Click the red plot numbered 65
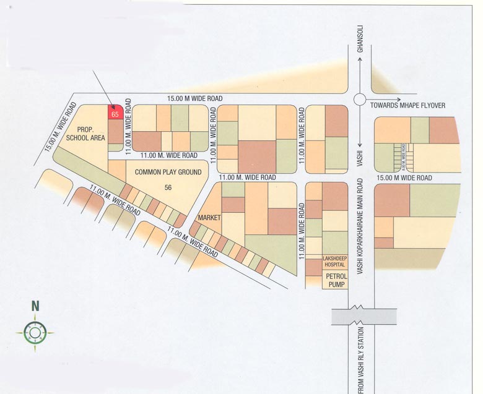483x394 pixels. (x=115, y=113)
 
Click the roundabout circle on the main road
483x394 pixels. (x=360, y=100)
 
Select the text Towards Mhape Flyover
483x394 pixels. (x=407, y=106)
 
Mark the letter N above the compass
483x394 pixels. (x=35, y=305)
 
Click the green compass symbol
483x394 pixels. (x=35, y=333)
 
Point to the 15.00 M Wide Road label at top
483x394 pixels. (x=194, y=98)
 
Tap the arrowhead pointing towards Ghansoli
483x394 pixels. (x=360, y=61)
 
